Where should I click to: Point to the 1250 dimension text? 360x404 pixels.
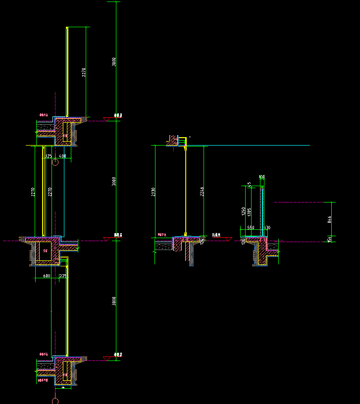pos(243,211)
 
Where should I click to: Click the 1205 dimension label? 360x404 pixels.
pos(249,212)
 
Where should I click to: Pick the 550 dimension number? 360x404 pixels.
pos(251,228)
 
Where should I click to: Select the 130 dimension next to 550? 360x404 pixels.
pos(267,228)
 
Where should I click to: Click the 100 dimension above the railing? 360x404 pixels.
pos(262,177)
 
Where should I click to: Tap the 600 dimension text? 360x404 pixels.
pos(46,275)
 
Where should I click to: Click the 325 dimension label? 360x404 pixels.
pos(48,156)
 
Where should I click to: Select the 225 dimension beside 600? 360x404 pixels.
pos(63,275)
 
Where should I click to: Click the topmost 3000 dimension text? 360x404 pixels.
pos(114,62)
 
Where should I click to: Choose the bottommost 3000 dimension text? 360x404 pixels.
pos(114,301)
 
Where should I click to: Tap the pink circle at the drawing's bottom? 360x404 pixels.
pos(55,400)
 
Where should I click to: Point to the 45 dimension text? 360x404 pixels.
pos(249,185)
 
